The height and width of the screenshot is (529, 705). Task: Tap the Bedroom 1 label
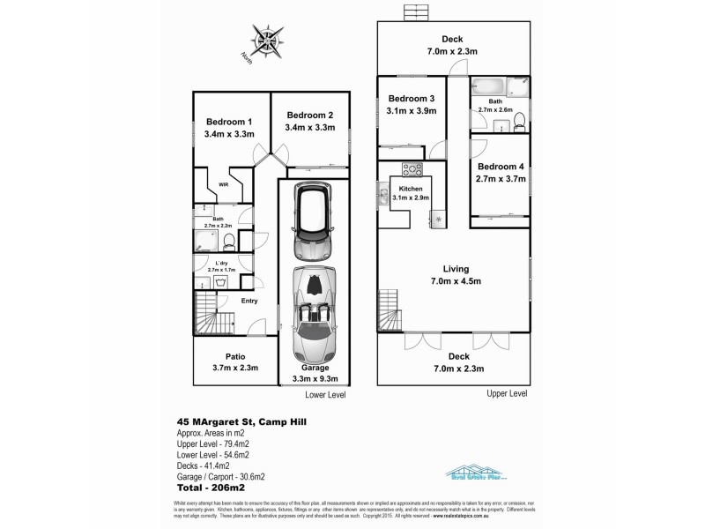229,122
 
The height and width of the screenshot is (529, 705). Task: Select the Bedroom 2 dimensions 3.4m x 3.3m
309,128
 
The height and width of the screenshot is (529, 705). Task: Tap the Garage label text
315,368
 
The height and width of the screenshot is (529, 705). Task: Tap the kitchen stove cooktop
412,168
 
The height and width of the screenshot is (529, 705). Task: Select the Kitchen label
412,189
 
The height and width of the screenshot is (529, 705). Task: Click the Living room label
456,269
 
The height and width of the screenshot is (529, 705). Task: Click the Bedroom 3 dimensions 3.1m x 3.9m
412,110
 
